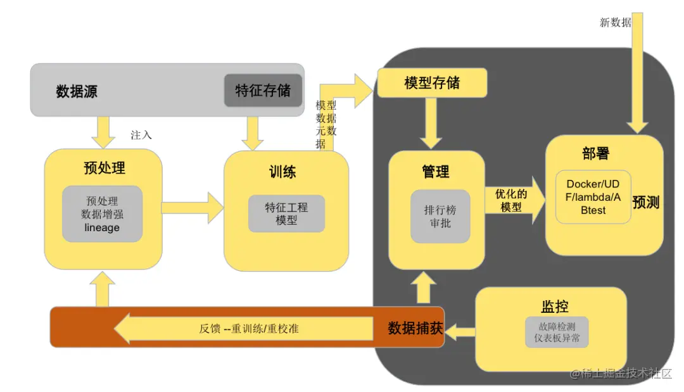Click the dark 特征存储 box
click(263, 91)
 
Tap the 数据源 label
click(77, 92)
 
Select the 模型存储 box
click(432, 83)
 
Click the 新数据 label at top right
click(615, 23)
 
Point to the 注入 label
click(141, 135)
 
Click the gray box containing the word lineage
click(102, 214)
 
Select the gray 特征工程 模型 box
click(286, 213)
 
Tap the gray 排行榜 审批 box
click(440, 216)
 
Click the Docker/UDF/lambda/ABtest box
click(593, 197)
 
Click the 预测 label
click(646, 202)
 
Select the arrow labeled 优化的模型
click(515, 200)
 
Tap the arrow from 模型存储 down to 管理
click(433, 123)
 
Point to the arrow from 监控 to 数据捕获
click(460, 330)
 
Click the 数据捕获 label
click(415, 328)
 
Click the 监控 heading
click(554, 307)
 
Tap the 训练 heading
click(282, 172)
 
